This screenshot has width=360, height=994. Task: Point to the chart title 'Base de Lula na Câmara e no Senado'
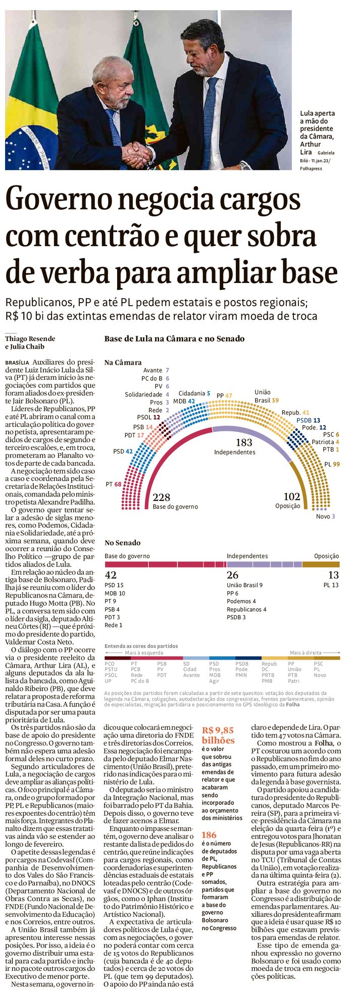point(174,338)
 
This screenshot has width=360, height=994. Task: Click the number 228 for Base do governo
point(162,497)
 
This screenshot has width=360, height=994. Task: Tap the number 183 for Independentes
point(244,443)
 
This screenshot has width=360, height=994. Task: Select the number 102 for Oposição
point(292,497)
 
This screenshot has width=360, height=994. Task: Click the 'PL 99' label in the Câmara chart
point(332,464)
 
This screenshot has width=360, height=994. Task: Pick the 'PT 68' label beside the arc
point(114,484)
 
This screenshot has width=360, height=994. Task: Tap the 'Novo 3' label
point(325,516)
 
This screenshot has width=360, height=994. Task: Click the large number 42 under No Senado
point(111,575)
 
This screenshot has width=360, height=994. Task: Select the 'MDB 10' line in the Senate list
point(115,593)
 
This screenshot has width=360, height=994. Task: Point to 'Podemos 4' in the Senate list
point(241,601)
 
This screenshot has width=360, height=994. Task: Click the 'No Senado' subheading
point(122,542)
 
